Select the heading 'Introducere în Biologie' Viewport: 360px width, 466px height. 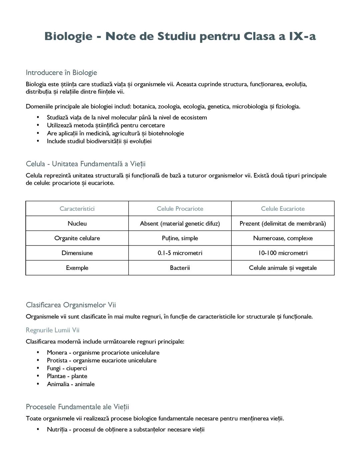[61, 73]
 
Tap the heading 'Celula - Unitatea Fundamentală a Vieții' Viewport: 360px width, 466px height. [86, 164]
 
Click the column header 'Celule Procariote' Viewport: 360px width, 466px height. [180, 209]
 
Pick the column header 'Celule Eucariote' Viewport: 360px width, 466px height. [283, 209]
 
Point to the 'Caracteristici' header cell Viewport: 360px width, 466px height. [77, 209]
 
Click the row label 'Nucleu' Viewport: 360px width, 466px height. [77, 223]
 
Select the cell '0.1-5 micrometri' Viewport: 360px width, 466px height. [180, 253]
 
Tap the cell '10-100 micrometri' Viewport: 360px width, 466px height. [283, 253]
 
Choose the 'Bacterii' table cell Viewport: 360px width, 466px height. [180, 268]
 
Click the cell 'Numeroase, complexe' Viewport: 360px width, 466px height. [283, 238]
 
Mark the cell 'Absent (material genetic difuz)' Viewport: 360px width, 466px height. [180, 223]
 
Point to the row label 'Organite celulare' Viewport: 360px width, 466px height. [77, 238]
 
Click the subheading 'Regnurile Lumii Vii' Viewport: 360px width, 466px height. [53, 330]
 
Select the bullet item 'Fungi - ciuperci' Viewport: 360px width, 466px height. [67, 368]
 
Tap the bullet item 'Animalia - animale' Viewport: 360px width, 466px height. [71, 384]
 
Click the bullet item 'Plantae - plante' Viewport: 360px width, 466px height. [67, 376]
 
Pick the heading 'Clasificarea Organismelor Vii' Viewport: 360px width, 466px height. [71, 305]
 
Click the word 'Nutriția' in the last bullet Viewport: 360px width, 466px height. [57, 430]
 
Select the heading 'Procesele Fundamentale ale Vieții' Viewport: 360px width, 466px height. [77, 407]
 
